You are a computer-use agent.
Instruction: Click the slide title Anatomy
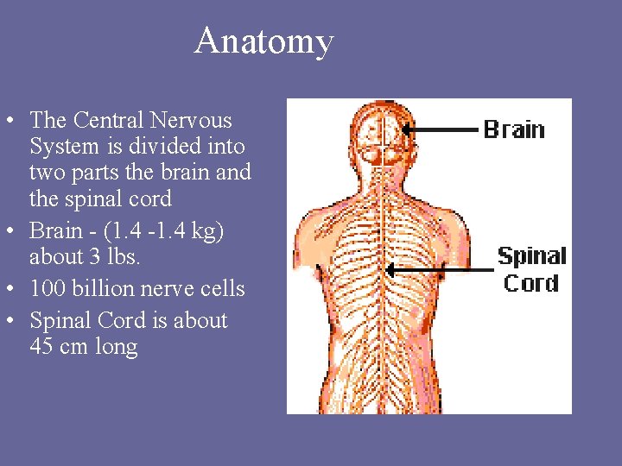point(263,41)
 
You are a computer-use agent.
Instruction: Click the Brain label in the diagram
point(514,129)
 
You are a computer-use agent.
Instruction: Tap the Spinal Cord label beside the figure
point(531,269)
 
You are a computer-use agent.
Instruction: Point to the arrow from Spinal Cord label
point(441,269)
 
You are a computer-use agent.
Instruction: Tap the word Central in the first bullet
point(109,120)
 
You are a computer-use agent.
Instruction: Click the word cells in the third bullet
point(222,288)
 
